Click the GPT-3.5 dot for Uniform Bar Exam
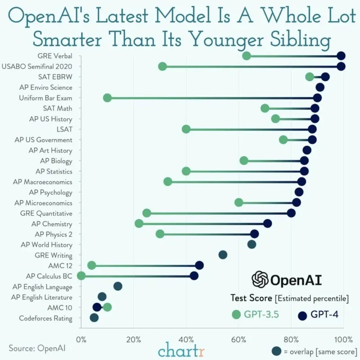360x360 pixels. pos(107,98)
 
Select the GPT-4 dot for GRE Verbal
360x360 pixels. pos(341,56)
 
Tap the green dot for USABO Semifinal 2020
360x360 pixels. pos(162,67)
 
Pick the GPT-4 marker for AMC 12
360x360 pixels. pos(199,265)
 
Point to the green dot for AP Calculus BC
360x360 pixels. pos(81,276)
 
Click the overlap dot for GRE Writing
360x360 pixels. pos(223,255)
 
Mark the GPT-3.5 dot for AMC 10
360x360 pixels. pos(108,307)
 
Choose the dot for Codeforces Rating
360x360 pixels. pos(94,318)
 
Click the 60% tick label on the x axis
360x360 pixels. pos(239,340)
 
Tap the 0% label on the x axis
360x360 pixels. pos(81,340)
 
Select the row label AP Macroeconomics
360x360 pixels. pos(43,182)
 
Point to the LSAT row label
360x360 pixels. pos(64,130)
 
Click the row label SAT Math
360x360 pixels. pos(58,108)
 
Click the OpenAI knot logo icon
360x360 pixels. pos(260,279)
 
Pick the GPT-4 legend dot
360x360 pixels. pos(302,316)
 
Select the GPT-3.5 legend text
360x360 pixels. pos(261,314)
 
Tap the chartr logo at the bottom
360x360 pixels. pos(181,350)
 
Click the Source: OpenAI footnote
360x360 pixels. pos(37,348)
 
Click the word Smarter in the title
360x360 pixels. pos(67,40)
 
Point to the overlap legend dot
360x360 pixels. pos(276,351)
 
